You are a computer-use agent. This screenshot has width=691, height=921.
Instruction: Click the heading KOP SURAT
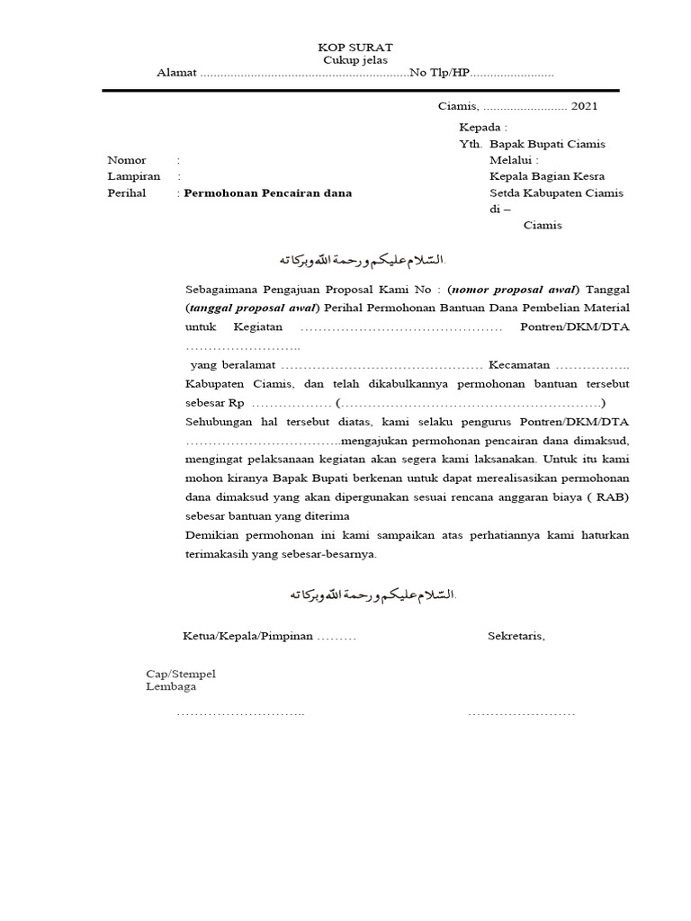click(355, 47)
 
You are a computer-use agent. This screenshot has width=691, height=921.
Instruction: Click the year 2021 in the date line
click(583, 106)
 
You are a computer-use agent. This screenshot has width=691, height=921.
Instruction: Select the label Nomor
click(127, 160)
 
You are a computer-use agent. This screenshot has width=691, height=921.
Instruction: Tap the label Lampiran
click(133, 176)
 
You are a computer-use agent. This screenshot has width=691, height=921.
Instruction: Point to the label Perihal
click(128, 192)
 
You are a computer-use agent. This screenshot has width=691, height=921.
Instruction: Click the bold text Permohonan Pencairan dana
click(268, 192)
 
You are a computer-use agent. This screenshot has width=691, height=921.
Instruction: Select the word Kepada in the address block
click(482, 128)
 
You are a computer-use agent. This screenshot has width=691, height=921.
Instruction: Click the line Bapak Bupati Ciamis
click(547, 144)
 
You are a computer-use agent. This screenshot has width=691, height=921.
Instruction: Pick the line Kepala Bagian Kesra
click(546, 176)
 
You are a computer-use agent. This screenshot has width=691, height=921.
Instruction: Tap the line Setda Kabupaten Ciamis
click(556, 192)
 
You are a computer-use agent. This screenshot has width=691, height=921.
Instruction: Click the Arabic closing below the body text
click(372, 595)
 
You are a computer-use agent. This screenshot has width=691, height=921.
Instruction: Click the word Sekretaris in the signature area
click(516, 636)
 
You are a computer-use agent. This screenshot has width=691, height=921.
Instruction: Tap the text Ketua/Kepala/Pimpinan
click(247, 636)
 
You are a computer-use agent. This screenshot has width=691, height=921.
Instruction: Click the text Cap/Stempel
click(181, 674)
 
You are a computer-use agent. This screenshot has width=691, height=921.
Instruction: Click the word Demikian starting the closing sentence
click(212, 535)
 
